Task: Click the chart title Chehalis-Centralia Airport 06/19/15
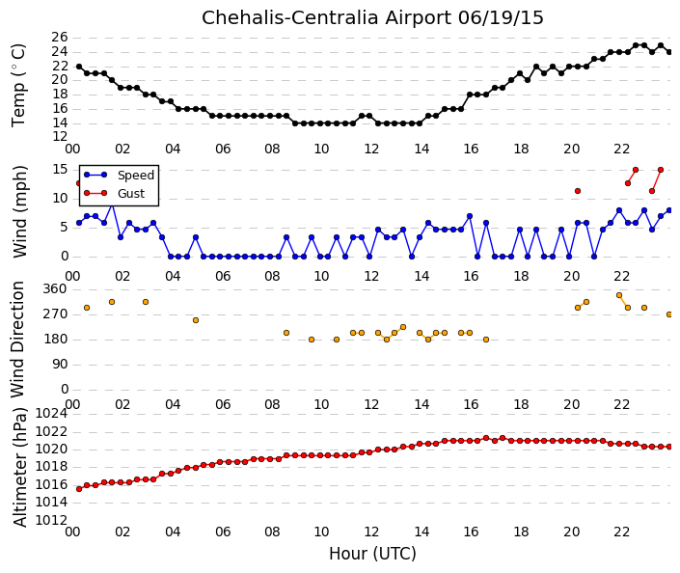(x=372, y=18)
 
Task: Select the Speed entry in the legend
(x=136, y=176)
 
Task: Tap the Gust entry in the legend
(x=131, y=194)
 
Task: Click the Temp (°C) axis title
(x=18, y=86)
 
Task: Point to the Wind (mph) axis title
(x=19, y=211)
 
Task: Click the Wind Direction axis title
(x=17, y=340)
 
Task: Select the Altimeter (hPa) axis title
(x=19, y=468)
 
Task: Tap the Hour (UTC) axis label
(x=372, y=554)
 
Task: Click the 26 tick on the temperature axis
(x=60, y=38)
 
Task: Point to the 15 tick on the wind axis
(x=60, y=170)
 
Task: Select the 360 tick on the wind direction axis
(x=55, y=289)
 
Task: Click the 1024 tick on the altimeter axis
(x=51, y=414)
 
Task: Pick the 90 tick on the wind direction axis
(x=60, y=365)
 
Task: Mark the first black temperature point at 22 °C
(x=79, y=67)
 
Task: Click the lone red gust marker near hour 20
(x=578, y=191)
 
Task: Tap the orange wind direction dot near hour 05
(x=196, y=320)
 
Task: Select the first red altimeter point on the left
(x=79, y=489)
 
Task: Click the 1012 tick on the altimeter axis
(x=51, y=520)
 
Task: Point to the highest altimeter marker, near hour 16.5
(x=486, y=438)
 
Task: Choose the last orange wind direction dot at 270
(x=669, y=314)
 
